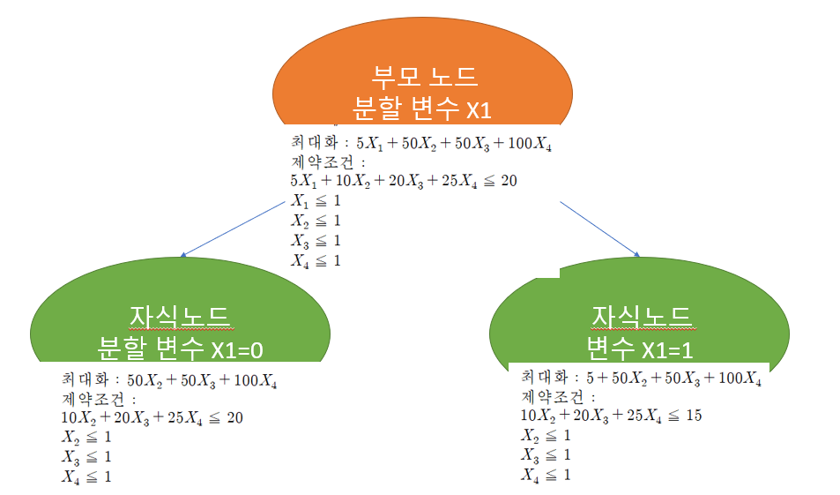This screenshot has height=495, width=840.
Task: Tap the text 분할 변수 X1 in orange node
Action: [x=421, y=109]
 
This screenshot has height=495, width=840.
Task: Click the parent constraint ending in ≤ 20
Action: [x=403, y=181]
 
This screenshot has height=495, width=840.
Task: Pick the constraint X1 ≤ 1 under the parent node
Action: [x=315, y=201]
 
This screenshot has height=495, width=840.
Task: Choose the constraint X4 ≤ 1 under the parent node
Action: [x=315, y=260]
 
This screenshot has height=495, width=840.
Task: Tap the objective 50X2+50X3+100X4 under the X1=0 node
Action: [x=204, y=381]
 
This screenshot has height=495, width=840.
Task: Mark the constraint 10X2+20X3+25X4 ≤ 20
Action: [x=152, y=418]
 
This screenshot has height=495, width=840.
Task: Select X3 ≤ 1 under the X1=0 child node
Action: [x=86, y=457]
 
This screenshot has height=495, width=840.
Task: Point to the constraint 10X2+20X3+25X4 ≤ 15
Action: [x=611, y=416]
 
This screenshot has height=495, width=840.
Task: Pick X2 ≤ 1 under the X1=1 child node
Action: [x=546, y=436]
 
